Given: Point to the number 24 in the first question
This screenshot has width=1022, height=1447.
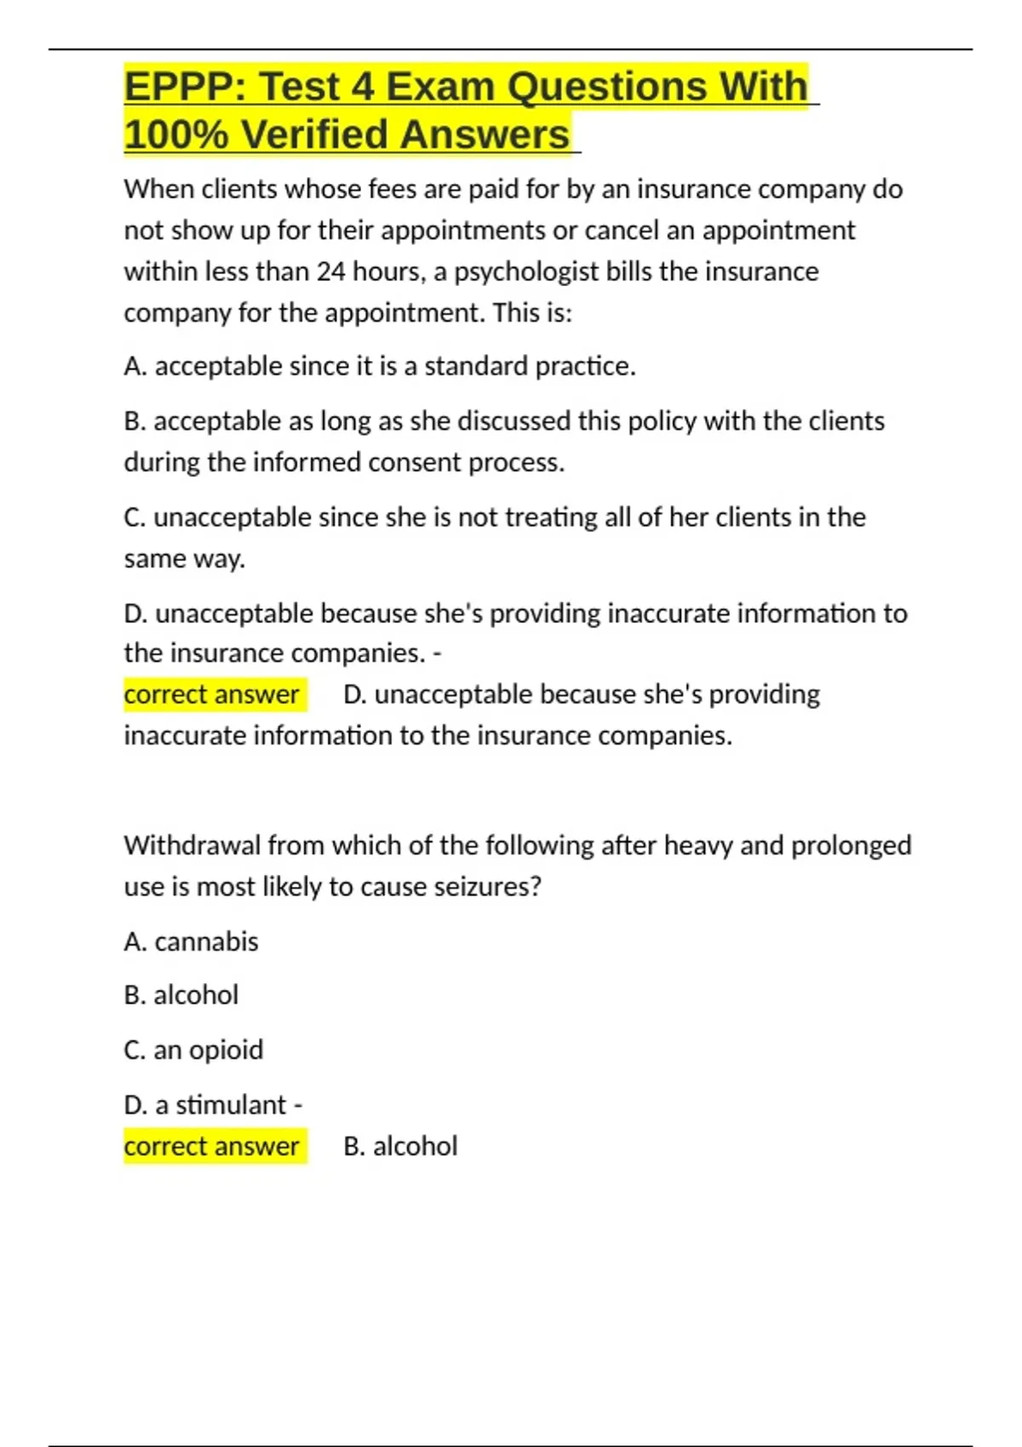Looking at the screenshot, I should [330, 272].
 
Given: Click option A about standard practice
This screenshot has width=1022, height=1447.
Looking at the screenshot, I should [380, 366].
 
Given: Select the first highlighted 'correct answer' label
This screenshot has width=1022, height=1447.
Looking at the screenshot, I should [212, 695].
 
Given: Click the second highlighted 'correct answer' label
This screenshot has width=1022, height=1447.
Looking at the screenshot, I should [212, 1147].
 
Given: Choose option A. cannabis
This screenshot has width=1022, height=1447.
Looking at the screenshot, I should [191, 941].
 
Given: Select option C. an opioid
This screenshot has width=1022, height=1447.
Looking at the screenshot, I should [193, 1050].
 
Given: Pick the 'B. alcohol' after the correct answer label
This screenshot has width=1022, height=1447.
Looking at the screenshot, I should [400, 1147].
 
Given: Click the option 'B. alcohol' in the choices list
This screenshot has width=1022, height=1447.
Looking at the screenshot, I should [181, 995].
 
